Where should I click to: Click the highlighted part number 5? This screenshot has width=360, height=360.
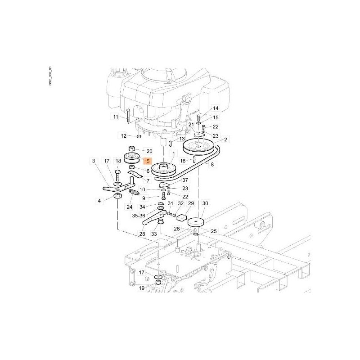pos(147,160)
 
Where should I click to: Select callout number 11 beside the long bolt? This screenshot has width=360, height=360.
pos(116,117)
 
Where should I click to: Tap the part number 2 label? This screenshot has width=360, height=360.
pos(225,140)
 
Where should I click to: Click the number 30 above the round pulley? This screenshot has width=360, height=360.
pos(205,204)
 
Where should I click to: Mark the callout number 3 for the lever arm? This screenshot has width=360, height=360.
pos(94,161)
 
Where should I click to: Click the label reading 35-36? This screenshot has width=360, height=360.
pos(139,216)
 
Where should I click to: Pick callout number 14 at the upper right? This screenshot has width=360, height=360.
pos(215,109)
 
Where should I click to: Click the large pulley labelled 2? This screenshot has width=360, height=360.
pos(199,148)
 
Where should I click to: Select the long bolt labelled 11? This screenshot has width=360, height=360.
pos(128,116)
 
